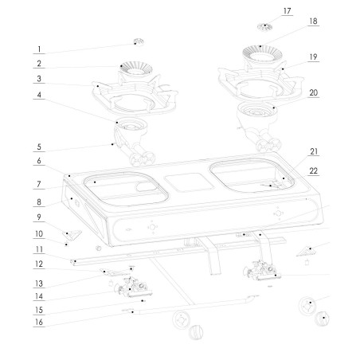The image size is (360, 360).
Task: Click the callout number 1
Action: [39, 49]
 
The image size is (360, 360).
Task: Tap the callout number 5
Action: [39, 147]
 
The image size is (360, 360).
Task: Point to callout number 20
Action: [313, 92]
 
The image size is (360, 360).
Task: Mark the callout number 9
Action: [39, 217]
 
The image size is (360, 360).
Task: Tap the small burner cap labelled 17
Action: [265, 27]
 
